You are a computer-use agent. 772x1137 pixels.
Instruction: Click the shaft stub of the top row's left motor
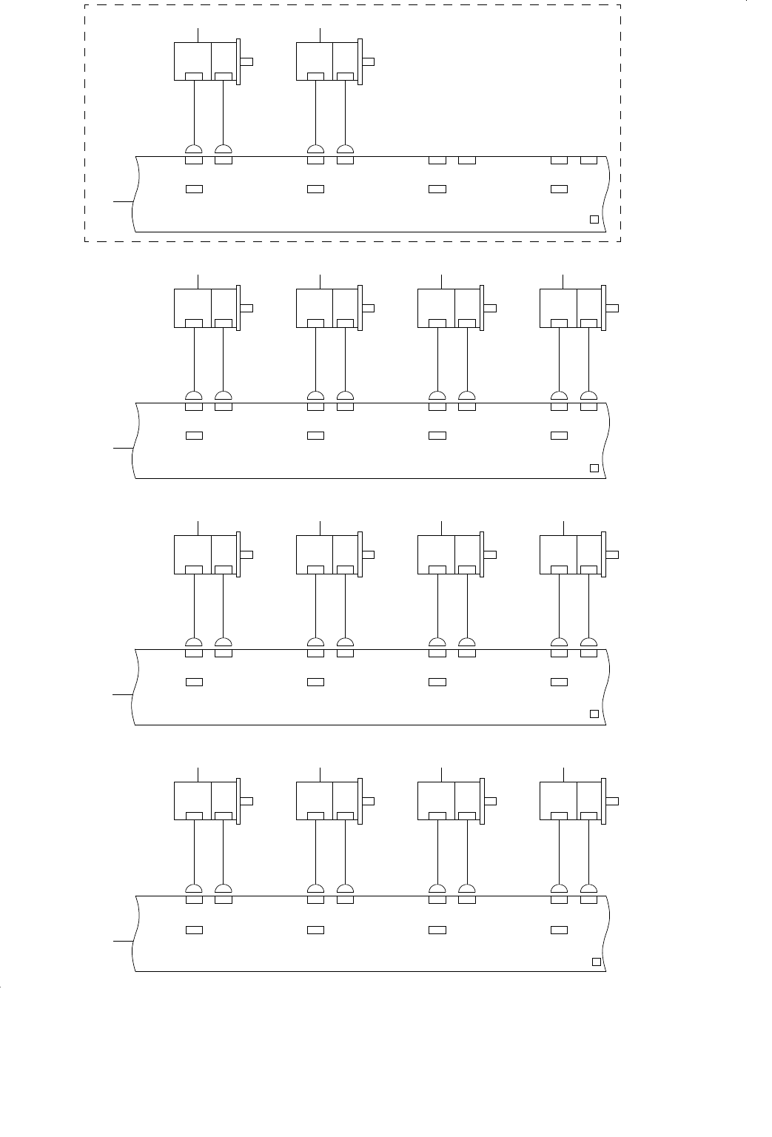click(x=247, y=61)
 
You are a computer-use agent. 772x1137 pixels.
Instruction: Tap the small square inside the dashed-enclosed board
click(x=594, y=218)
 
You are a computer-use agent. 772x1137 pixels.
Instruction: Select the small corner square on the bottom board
click(x=596, y=962)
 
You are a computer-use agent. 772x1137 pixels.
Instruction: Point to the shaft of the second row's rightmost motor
click(x=613, y=308)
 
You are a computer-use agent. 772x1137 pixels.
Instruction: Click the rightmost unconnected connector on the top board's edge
click(x=588, y=160)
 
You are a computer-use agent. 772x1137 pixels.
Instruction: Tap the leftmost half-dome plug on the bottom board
click(x=194, y=889)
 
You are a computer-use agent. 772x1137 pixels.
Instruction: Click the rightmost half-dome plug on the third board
click(x=588, y=642)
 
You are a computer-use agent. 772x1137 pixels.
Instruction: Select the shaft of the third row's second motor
click(x=369, y=554)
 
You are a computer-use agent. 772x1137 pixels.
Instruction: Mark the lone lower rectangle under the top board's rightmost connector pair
click(x=559, y=189)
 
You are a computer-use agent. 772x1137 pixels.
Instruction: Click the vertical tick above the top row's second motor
click(x=320, y=34)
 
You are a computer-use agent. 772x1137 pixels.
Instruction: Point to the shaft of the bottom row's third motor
click(x=491, y=800)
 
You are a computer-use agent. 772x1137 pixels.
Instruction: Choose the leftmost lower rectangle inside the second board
click(x=194, y=435)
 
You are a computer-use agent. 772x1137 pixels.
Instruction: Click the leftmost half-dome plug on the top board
click(x=194, y=148)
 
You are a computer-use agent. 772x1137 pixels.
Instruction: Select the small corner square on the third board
click(x=594, y=714)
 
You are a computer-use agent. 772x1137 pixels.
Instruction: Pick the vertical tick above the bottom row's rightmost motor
click(x=563, y=774)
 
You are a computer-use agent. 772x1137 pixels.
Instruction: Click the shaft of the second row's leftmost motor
click(x=247, y=308)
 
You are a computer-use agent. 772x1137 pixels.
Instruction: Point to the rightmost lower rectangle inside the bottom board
click(x=559, y=929)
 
